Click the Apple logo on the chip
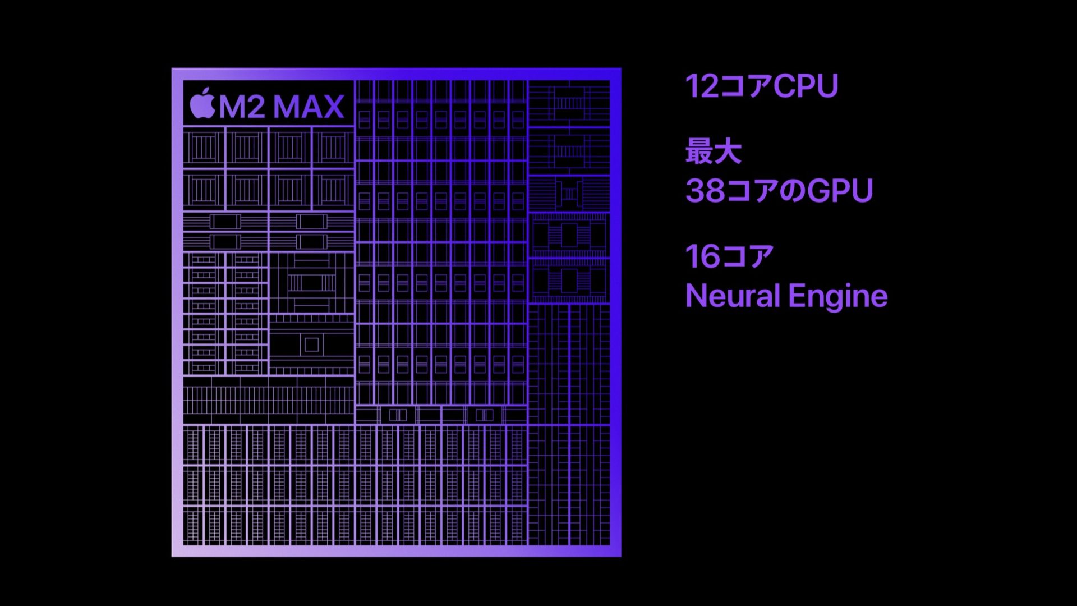(x=202, y=103)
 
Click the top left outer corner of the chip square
(x=172, y=68)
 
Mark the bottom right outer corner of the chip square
(x=621, y=556)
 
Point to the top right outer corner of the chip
(x=621, y=68)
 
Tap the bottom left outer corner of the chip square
(x=172, y=556)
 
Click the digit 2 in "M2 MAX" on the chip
(x=255, y=107)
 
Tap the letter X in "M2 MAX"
(x=333, y=107)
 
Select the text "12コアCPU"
(x=762, y=86)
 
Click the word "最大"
(x=714, y=151)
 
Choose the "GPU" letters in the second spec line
(x=840, y=191)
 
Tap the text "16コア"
(x=730, y=256)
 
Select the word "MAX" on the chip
(x=309, y=107)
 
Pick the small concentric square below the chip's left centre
(x=311, y=345)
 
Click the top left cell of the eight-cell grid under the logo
(x=204, y=147)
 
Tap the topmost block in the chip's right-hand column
(x=569, y=103)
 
